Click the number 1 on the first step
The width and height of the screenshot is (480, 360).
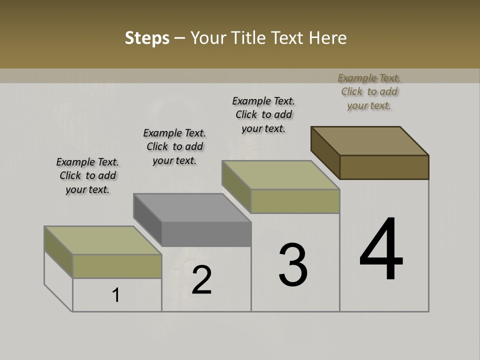tap(116, 295)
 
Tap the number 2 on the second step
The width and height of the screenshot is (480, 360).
tap(202, 280)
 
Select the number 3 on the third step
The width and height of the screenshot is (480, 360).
tap(293, 265)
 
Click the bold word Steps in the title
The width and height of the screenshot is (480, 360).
tap(147, 37)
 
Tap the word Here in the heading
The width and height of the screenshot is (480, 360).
tap(328, 37)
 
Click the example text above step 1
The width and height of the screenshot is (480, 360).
tap(87, 175)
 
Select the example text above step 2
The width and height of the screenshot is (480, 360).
tap(174, 146)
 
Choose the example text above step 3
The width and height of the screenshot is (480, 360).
tap(263, 114)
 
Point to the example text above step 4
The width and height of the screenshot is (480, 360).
tap(369, 91)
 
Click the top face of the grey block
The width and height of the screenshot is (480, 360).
tap(191, 207)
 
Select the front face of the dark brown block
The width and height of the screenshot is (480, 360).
tap(384, 167)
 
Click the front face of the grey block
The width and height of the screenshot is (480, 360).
tap(206, 234)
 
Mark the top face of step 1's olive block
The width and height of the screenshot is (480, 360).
tap(103, 240)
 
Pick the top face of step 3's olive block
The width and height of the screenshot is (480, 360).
tap(280, 175)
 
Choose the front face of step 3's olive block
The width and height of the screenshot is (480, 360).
tap(295, 201)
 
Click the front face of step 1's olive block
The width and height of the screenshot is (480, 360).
tap(117, 266)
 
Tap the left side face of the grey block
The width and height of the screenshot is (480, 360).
tap(147, 219)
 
